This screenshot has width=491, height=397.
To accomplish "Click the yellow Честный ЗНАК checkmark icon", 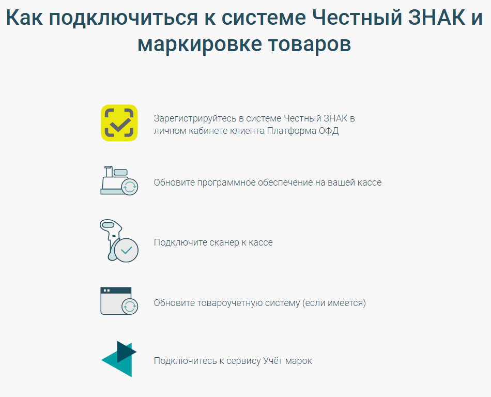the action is pyautogui.click(x=119, y=123).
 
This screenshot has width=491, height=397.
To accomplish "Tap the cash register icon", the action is pyautogui.click(x=119, y=180).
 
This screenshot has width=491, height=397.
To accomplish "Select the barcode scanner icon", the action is pyautogui.click(x=119, y=240).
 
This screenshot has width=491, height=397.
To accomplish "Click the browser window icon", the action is pyautogui.click(x=119, y=301).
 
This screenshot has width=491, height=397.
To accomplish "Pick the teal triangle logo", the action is pyautogui.click(x=119, y=359).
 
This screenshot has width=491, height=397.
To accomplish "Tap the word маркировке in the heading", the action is pyautogui.click(x=200, y=44).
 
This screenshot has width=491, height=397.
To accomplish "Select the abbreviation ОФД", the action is pyautogui.click(x=329, y=131).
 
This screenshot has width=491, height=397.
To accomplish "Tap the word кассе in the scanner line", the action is pyautogui.click(x=260, y=242).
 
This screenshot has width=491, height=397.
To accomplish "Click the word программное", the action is pyautogui.click(x=226, y=183).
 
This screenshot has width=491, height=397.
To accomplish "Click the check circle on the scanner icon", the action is pyautogui.click(x=127, y=250).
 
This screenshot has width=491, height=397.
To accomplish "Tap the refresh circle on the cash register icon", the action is pyautogui.click(x=129, y=187).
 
